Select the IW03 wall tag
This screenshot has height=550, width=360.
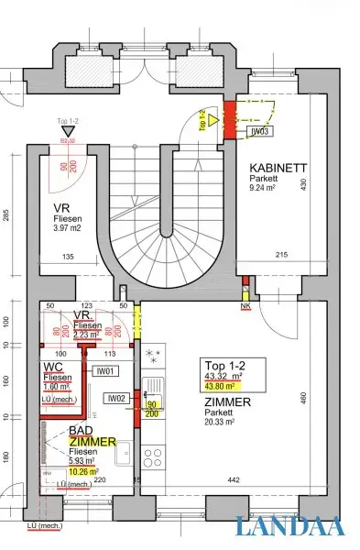click(x=261, y=132)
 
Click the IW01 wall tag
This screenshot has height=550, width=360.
click(x=105, y=372)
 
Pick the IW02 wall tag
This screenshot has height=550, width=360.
click(x=115, y=398)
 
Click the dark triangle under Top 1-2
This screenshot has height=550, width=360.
click(x=66, y=132)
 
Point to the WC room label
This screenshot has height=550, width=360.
click(x=53, y=368)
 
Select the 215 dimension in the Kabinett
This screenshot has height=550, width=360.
click(x=283, y=254)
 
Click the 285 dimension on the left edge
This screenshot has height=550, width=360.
click(x=7, y=218)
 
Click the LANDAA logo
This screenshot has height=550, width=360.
click(x=289, y=526)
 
